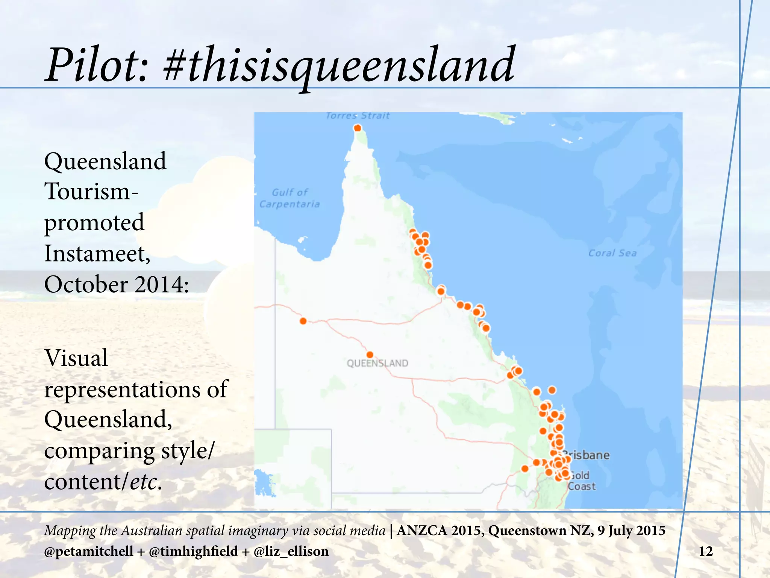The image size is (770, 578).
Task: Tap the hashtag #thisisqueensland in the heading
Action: pyautogui.click(x=338, y=65)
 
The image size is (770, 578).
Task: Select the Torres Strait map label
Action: pyautogui.click(x=358, y=116)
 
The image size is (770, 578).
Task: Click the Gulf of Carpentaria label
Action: pyautogui.click(x=290, y=198)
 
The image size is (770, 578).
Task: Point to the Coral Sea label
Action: pyautogui.click(x=612, y=253)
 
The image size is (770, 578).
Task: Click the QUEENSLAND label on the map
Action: pyautogui.click(x=377, y=364)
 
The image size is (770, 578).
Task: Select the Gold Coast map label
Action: pyautogui.click(x=581, y=481)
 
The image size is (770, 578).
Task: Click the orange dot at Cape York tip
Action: pyautogui.click(x=358, y=128)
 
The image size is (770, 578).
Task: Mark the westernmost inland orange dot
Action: pyautogui.click(x=303, y=321)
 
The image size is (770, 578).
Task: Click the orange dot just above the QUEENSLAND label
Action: pyautogui.click(x=370, y=354)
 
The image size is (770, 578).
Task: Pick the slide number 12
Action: pyautogui.click(x=705, y=551)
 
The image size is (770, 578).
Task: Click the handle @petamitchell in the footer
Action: pyautogui.click(x=88, y=551)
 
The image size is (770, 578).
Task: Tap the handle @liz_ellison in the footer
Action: pyautogui.click(x=291, y=551)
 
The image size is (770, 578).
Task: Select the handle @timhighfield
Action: pyautogui.click(x=193, y=551)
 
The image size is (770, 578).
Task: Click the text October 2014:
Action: pyautogui.click(x=117, y=284)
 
